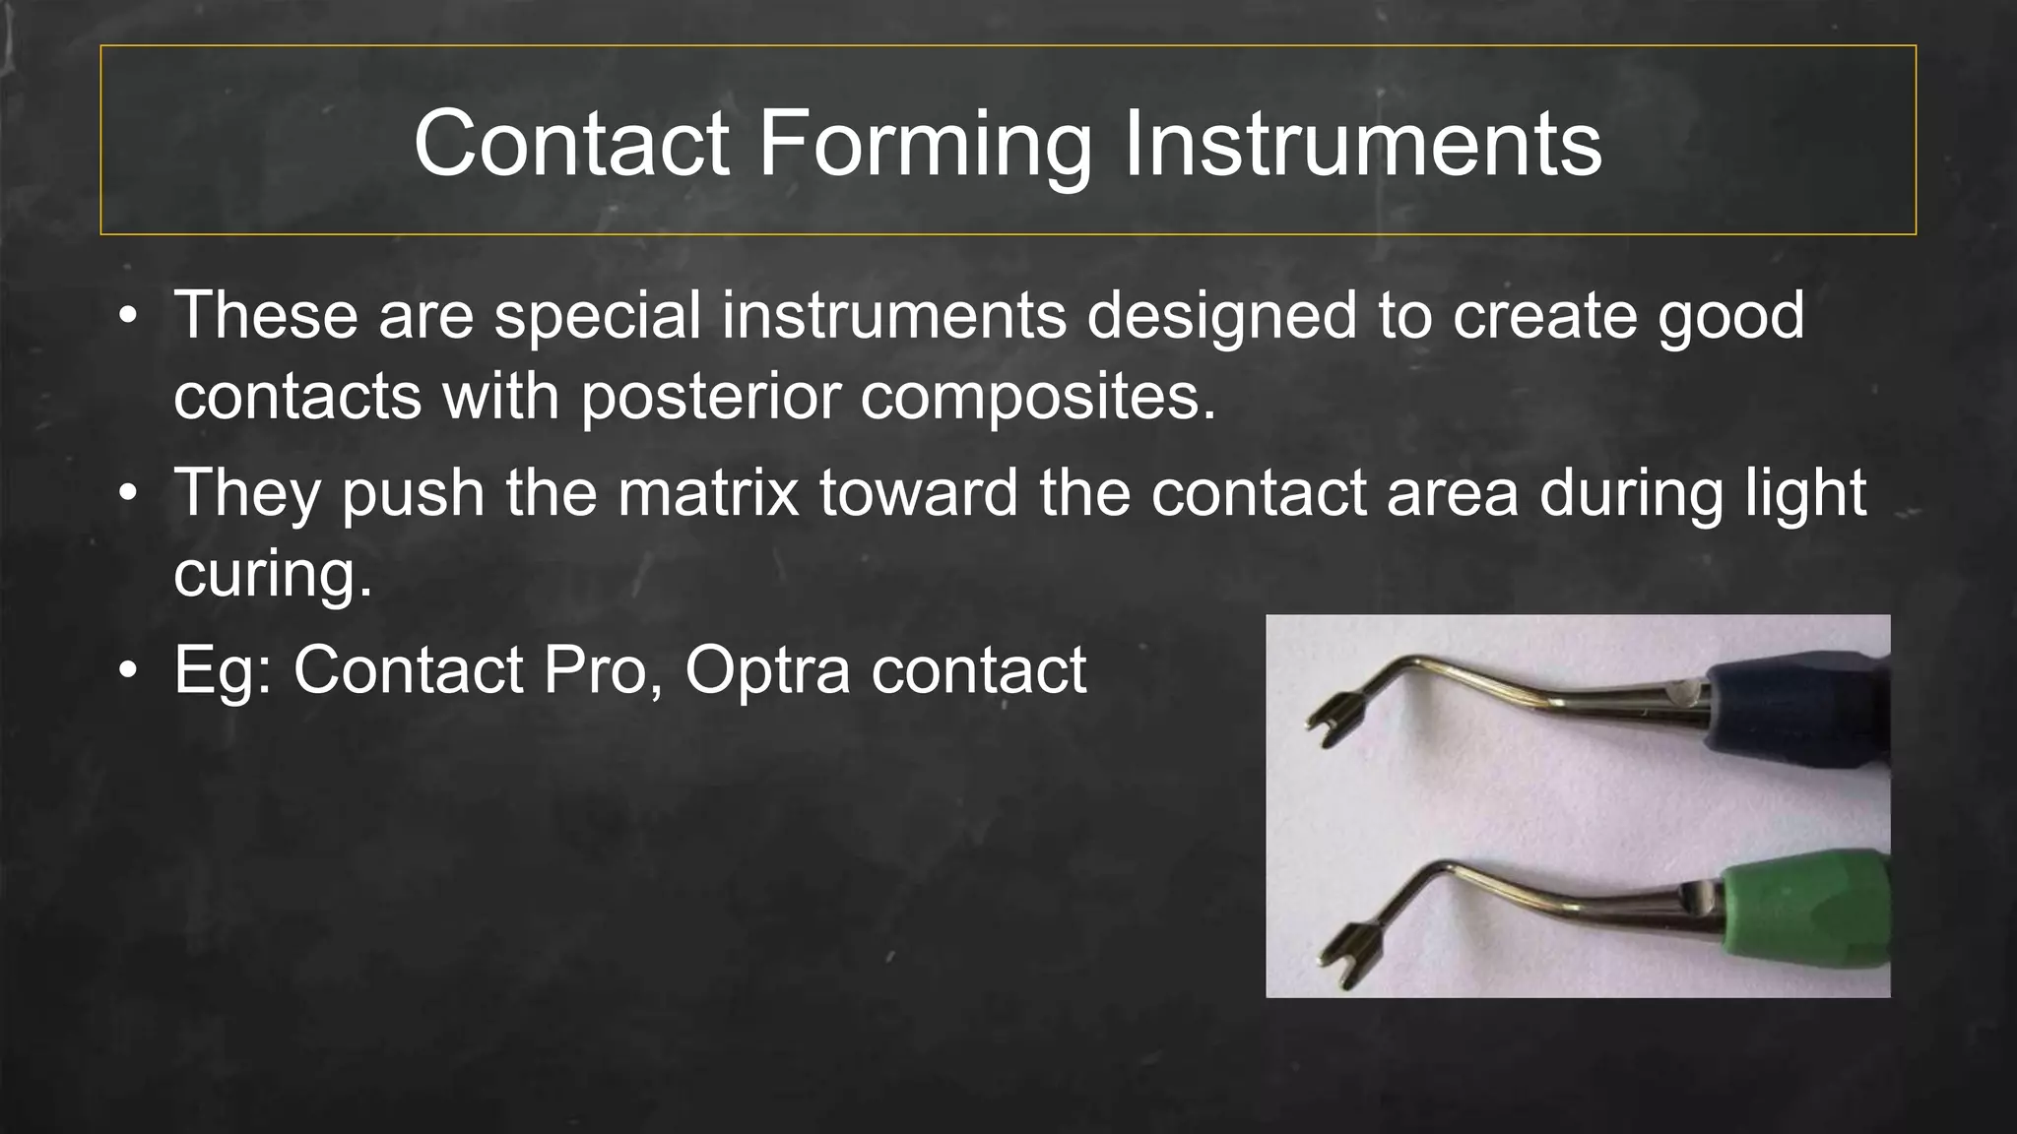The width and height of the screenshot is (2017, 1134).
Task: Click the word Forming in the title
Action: point(924,145)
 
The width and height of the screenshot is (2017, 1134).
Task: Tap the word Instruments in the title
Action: point(1362,145)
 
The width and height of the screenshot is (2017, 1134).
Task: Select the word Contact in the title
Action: point(571,145)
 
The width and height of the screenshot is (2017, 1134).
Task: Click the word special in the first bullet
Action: point(598,316)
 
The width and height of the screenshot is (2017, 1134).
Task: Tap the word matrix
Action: point(708,492)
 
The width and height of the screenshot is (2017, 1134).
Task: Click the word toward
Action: point(918,492)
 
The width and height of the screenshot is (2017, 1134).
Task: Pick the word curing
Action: point(273,574)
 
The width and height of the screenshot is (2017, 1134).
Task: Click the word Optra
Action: point(767,670)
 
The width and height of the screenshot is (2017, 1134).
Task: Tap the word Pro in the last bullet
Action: point(594,670)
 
